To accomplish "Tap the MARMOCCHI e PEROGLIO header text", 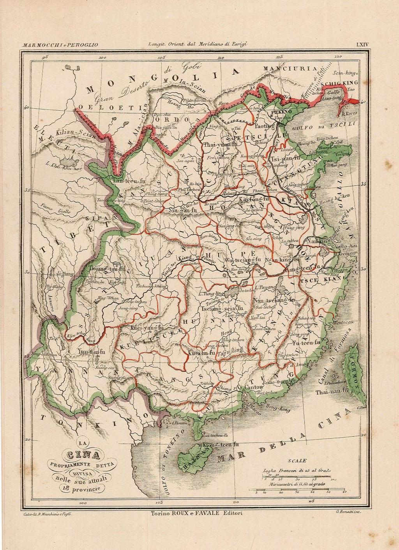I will [60, 45].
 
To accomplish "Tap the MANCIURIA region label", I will [290, 69].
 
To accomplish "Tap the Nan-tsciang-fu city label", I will [273, 301].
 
